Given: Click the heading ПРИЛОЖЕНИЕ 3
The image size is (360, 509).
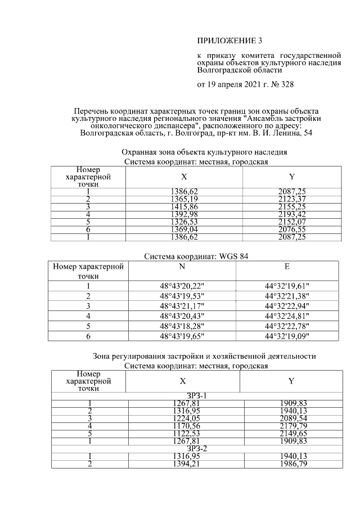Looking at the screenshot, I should (229, 40).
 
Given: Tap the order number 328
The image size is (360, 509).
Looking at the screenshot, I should (285, 85).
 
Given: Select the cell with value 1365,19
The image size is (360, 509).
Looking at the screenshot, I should (183, 199).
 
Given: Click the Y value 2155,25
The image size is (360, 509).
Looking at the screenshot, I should (292, 206).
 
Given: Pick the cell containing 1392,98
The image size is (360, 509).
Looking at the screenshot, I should (183, 214).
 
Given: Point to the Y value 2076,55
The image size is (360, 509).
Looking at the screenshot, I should (292, 229).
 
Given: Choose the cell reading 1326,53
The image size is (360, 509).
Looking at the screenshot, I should (183, 222).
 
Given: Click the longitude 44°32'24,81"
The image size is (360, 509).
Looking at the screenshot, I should (287, 316).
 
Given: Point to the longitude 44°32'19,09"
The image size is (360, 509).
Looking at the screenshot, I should (287, 336).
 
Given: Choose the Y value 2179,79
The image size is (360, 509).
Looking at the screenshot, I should (294, 426).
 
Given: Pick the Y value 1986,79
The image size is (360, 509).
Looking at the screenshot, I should (294, 463).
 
